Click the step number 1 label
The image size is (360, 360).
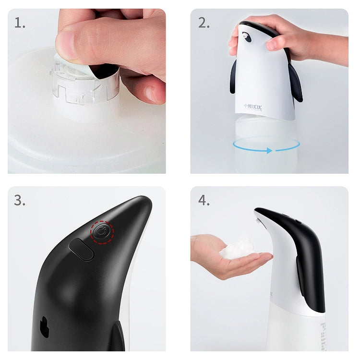(x=20, y=23)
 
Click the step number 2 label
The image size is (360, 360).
(x=204, y=23)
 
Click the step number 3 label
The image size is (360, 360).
(x=20, y=200)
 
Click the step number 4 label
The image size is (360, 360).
(x=204, y=200)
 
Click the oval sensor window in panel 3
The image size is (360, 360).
(x=81, y=249)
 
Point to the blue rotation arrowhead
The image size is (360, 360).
(x=269, y=150)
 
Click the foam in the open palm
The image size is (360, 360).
(x=236, y=248)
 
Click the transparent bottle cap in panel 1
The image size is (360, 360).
(x=86, y=86)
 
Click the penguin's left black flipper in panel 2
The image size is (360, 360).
(x=233, y=77)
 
